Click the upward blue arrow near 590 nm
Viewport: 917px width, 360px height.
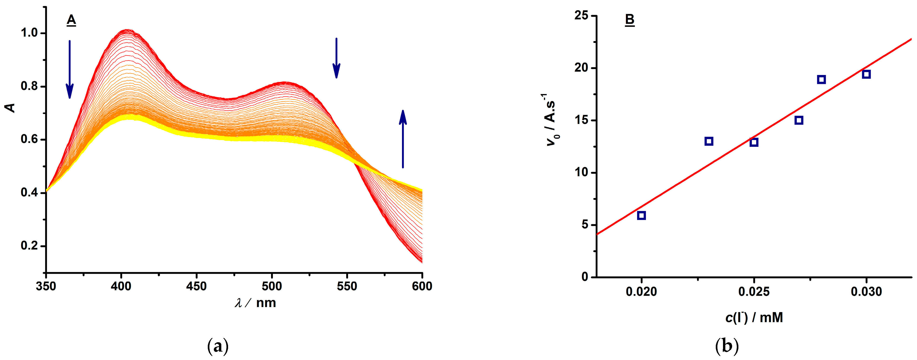(x=403, y=139)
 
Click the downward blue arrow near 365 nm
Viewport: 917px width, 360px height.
(x=70, y=69)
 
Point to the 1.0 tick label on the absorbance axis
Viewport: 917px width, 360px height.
(x=29, y=33)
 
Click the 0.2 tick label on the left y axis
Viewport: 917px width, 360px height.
(x=29, y=246)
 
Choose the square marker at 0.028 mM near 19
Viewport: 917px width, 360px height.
(x=821, y=79)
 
